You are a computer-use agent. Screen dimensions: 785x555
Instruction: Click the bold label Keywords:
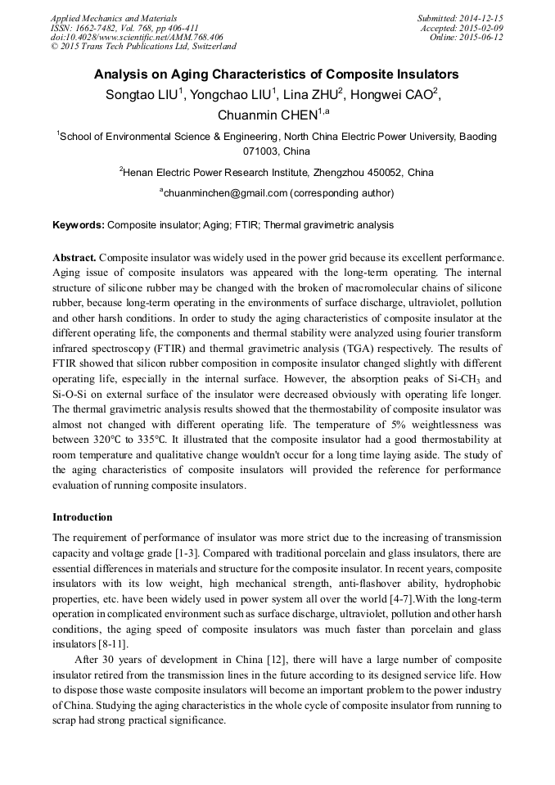point(79,224)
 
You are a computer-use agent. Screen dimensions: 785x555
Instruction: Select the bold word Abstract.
point(74,257)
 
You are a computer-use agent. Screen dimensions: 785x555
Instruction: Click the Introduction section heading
point(83,517)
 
